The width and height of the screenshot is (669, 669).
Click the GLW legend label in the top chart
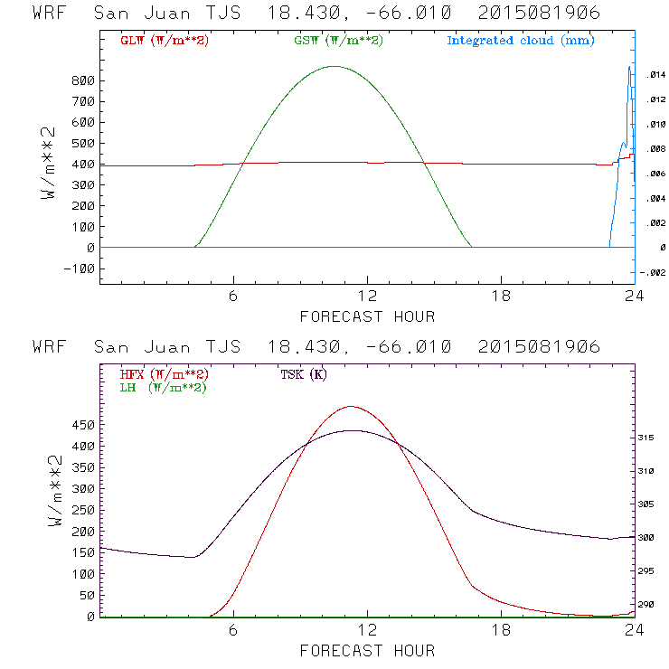pos(161,41)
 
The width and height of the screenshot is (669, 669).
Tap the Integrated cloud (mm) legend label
pos(520,41)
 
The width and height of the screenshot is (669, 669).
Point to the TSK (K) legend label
pos(304,374)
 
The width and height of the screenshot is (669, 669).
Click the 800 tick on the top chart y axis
pos(83,80)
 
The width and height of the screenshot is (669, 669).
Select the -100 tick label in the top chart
pos(80,269)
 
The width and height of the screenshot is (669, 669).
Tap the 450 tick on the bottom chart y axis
pos(83,424)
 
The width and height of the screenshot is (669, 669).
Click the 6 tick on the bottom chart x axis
pos(233,630)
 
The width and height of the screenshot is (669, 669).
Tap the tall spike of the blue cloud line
pos(629,68)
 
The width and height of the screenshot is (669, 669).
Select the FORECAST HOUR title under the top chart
pos(367,316)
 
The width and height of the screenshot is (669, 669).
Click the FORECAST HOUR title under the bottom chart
pos(367,650)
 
